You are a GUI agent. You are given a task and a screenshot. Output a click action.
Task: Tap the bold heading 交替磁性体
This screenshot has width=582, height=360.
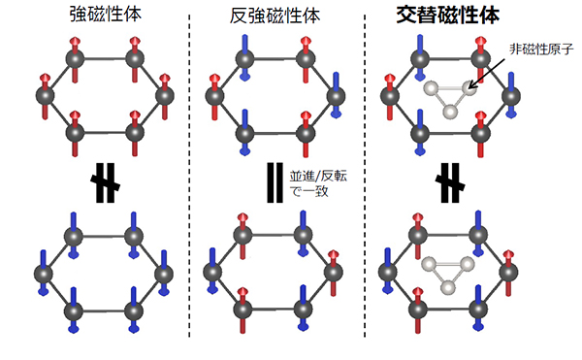tap(451, 17)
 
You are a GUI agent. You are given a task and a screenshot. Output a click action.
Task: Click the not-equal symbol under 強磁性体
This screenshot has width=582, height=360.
tap(103, 183)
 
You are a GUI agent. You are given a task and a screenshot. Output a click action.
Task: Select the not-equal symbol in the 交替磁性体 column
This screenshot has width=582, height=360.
tap(449, 183)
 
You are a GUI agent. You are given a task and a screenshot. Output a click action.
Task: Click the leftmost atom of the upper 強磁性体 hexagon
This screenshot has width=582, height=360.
tap(43, 94)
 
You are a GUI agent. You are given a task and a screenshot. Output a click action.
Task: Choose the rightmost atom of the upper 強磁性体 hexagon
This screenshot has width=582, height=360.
tap(163, 94)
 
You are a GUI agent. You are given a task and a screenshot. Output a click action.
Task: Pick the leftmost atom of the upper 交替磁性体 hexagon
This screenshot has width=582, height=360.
tap(389, 94)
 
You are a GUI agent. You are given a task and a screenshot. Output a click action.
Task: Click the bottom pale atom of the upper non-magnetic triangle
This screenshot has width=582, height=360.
tap(449, 112)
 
